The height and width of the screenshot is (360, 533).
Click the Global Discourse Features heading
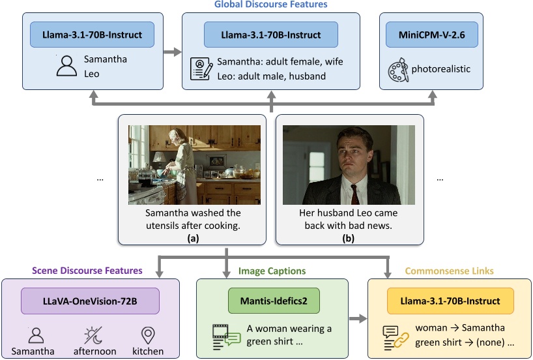(x=270, y=5)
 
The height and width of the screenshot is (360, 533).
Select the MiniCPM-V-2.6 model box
(x=431, y=34)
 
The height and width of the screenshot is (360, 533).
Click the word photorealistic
(x=446, y=68)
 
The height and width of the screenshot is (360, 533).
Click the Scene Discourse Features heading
(x=87, y=270)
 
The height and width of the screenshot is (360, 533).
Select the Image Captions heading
(x=272, y=270)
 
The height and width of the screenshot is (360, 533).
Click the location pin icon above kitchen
(x=148, y=337)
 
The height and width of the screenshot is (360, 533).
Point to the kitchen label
(x=148, y=352)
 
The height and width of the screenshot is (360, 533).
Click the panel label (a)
(x=193, y=239)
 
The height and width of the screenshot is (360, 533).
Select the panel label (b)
(x=349, y=239)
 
